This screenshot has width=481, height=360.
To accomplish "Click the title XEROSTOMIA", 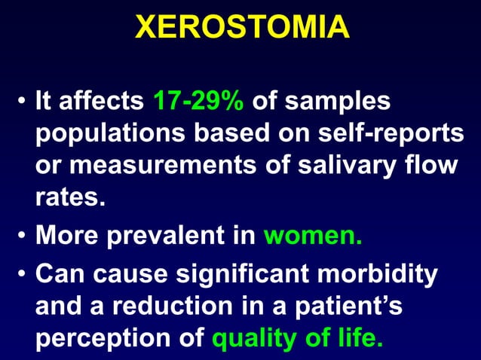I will click(x=241, y=28).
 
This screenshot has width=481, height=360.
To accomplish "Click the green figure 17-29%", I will click(x=198, y=101).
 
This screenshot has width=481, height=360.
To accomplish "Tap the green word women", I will click(x=313, y=239).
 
